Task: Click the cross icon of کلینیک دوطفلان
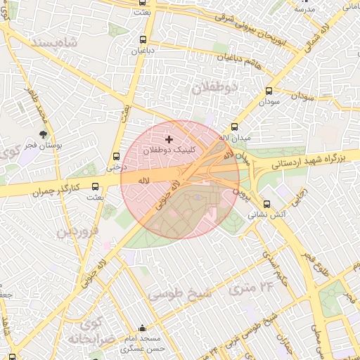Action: [168, 140]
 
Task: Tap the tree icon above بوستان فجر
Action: [44, 133]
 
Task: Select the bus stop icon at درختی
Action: [116, 157]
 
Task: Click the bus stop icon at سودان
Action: [269, 91]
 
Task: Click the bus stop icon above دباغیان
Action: [143, 40]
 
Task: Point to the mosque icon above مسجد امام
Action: [143, 328]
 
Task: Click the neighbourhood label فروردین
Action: [77, 230]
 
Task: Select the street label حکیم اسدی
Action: [275, 266]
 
